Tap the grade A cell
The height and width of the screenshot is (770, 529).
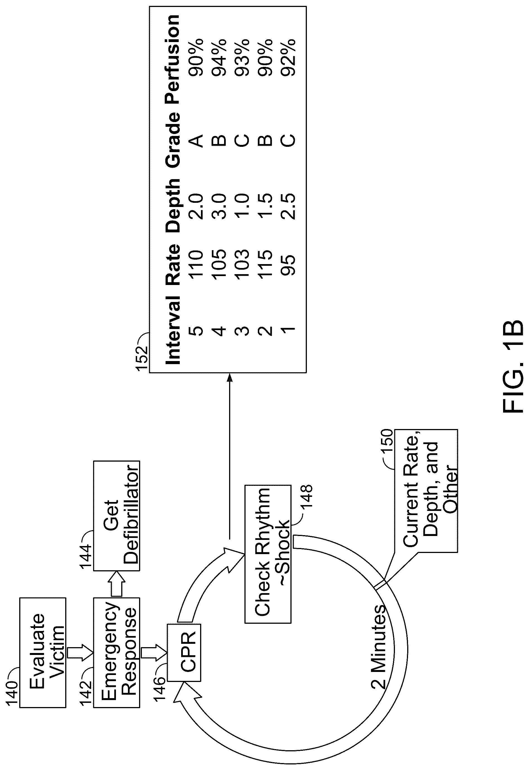pyautogui.click(x=196, y=140)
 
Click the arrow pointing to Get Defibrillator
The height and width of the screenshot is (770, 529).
pyautogui.click(x=117, y=584)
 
